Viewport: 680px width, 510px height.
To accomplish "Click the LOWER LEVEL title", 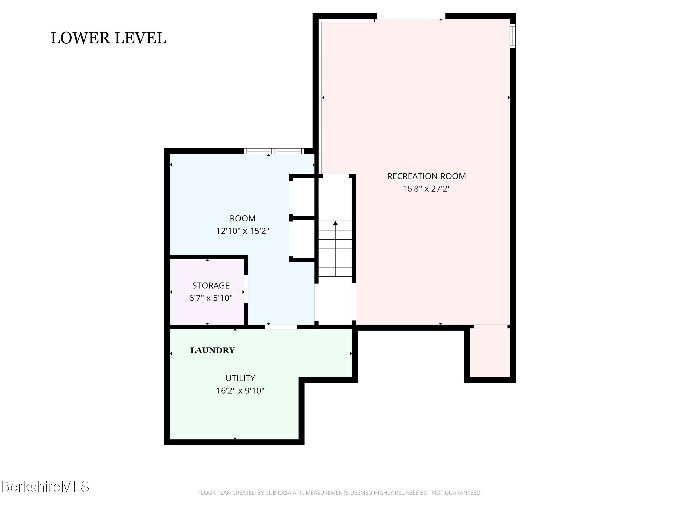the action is [109, 38].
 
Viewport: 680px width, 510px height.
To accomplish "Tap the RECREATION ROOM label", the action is [426, 176].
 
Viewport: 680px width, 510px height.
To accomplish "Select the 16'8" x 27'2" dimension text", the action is [426, 188].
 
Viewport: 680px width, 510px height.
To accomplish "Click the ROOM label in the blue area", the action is [243, 218].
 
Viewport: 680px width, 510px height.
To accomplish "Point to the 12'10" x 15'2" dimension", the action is [243, 231].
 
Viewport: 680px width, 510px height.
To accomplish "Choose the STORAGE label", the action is [211, 286].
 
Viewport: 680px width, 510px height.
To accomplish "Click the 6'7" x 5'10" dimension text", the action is [211, 298].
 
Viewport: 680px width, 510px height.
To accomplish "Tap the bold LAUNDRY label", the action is [212, 350].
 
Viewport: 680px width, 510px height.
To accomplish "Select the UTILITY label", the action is [240, 378].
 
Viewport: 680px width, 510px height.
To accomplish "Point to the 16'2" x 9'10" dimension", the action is [240, 390].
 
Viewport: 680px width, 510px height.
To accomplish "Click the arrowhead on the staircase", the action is [335, 223].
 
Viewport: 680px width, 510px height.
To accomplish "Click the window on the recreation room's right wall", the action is [513, 36].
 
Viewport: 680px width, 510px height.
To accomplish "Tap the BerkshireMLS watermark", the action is [45, 487].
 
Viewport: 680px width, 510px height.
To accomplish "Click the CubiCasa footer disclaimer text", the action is [340, 493].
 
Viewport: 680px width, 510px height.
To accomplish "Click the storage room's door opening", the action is [246, 289].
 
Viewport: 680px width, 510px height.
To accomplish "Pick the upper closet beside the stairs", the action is [302, 197].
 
